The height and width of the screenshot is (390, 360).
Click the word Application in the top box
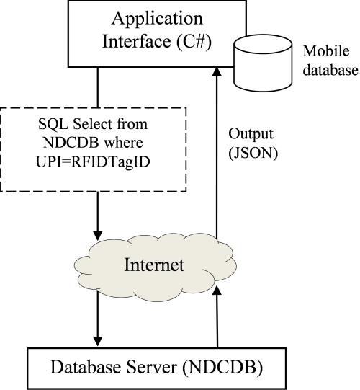[x=157, y=19]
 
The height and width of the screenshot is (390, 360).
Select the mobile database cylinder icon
[x=263, y=63]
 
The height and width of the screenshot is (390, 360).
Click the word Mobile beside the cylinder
[x=326, y=51]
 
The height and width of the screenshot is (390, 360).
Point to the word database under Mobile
[x=330, y=70]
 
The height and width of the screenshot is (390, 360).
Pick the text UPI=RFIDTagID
[x=93, y=162]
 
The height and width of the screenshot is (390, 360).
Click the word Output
[x=251, y=134]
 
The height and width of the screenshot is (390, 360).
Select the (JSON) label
[x=253, y=154]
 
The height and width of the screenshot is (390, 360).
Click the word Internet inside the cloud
[x=154, y=265]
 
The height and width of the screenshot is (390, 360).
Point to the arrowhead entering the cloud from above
[x=98, y=236]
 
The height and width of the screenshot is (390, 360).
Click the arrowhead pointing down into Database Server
[x=98, y=341]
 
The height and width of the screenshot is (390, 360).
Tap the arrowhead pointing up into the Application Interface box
[x=217, y=71]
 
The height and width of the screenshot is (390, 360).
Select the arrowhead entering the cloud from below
[x=217, y=291]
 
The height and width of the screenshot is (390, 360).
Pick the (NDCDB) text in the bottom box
[x=222, y=368]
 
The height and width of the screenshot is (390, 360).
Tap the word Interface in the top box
[x=137, y=41]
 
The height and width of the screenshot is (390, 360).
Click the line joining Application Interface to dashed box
[x=98, y=87]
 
